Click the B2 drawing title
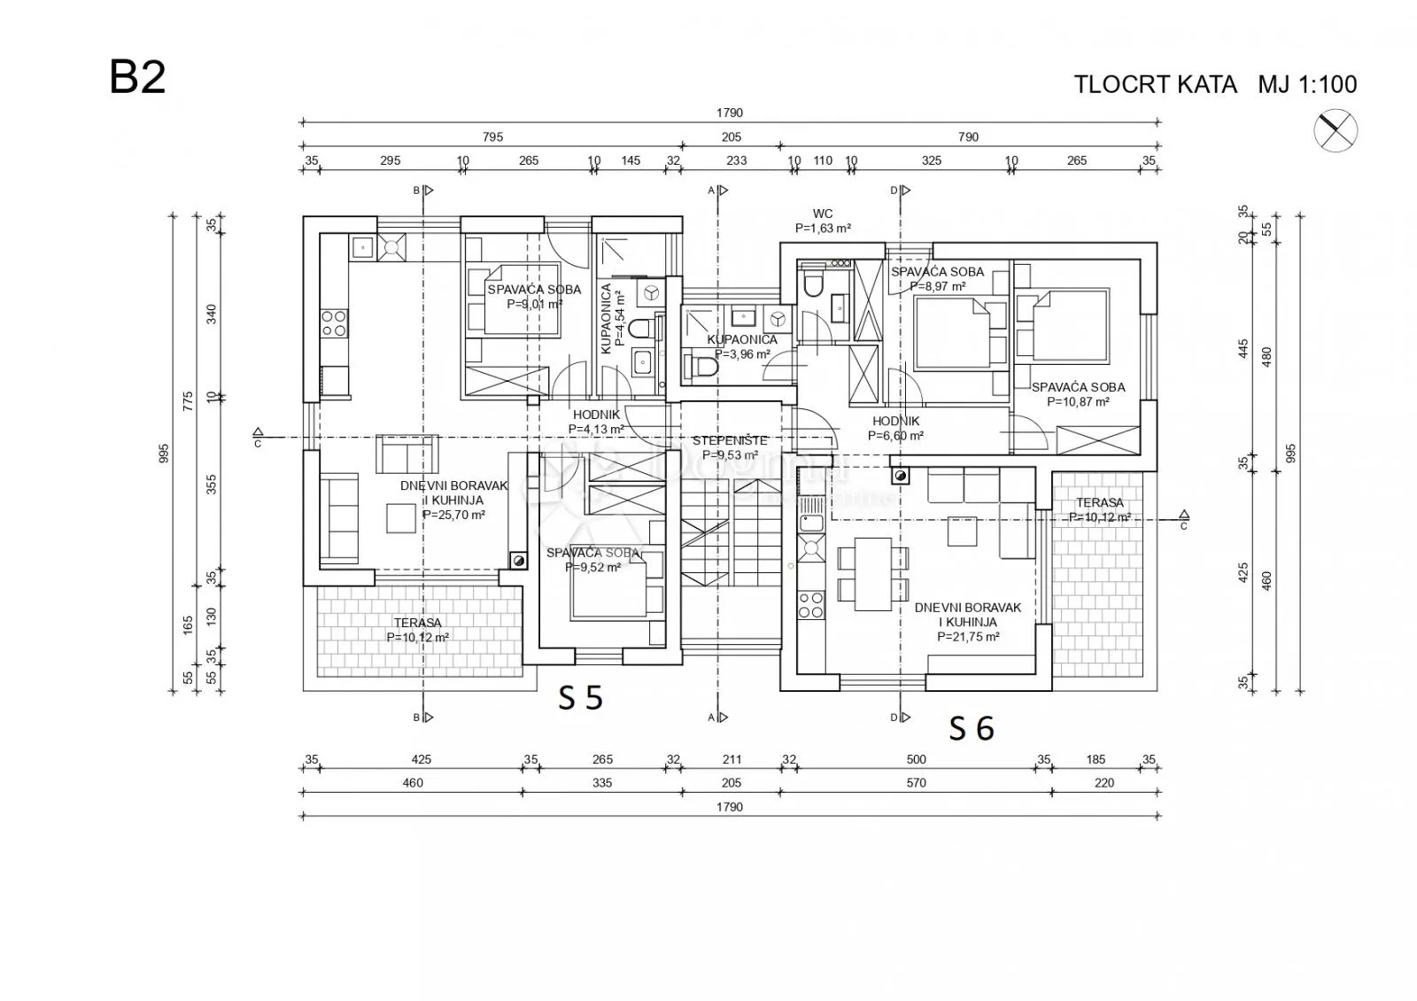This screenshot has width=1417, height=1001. click(137, 77)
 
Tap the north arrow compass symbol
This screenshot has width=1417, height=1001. click(1335, 131)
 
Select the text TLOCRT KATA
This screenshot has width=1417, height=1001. click(1155, 84)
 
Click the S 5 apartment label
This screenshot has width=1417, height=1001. click(580, 698)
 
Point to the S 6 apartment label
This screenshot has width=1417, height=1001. click(972, 728)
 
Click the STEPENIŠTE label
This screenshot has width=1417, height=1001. click(730, 440)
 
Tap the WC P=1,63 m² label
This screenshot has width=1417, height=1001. click(823, 221)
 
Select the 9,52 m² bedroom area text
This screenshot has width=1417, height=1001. click(592, 568)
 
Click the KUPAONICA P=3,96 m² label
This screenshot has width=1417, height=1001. click(742, 346)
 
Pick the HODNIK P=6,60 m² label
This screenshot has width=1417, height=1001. click(895, 429)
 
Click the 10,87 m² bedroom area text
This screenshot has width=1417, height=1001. click(1078, 402)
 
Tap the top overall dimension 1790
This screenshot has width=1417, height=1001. click(730, 113)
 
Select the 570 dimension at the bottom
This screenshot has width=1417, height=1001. click(916, 783)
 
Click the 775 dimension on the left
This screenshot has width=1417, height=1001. click(188, 401)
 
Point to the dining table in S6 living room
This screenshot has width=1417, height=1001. click(873, 574)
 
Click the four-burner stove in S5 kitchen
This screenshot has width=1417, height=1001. click(334, 322)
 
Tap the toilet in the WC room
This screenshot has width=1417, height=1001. click(811, 283)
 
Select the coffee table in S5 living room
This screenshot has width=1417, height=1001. click(401, 517)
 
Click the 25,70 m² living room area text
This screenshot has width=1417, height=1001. click(453, 515)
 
